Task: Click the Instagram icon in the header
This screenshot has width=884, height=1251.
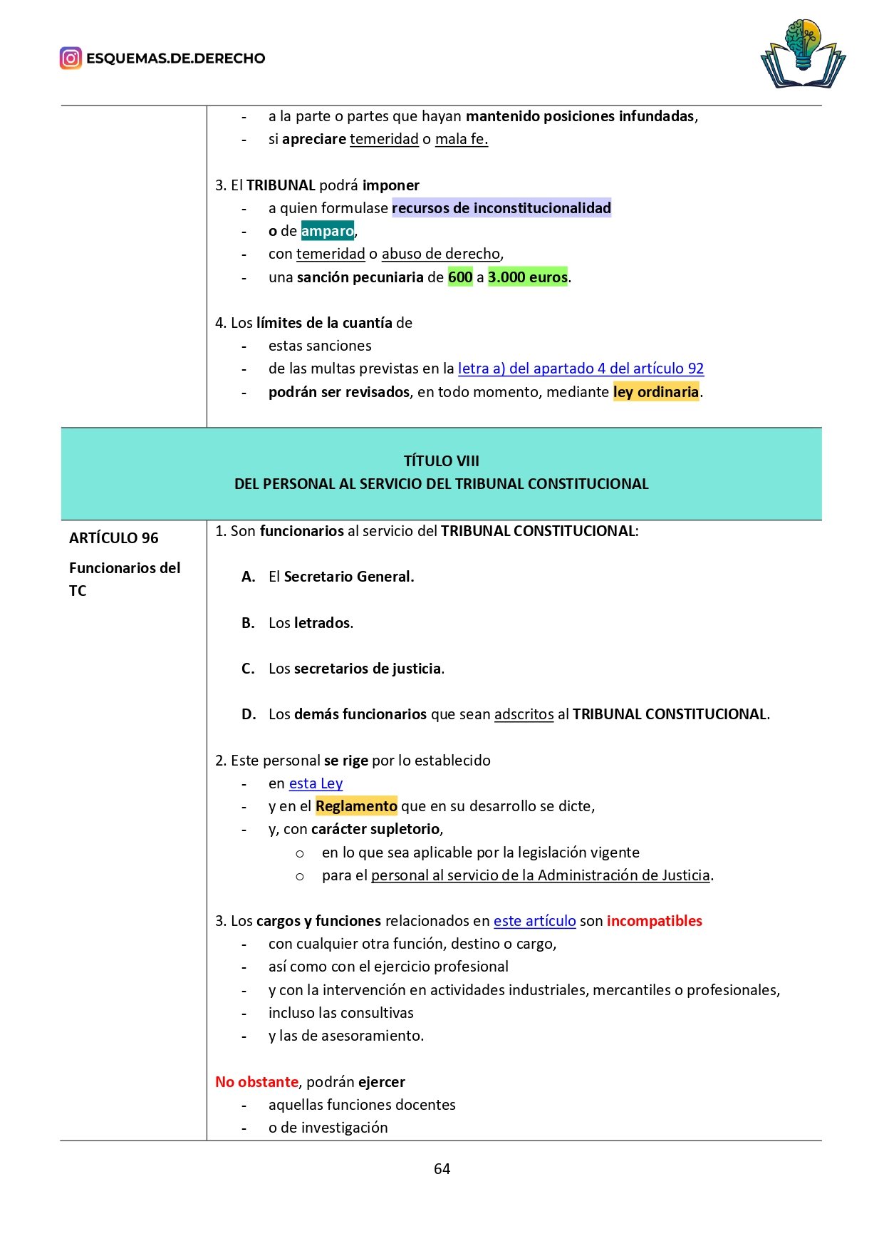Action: click(71, 58)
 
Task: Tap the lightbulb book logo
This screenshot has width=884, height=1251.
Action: click(803, 55)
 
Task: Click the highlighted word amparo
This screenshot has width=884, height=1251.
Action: click(327, 231)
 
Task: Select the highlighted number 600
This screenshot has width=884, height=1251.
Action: click(459, 277)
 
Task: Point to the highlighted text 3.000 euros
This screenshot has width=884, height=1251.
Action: click(527, 277)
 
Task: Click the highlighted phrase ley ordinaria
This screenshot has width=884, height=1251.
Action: click(655, 392)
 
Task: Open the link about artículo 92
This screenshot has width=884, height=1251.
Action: click(581, 369)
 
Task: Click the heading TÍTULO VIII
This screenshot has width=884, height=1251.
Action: click(441, 461)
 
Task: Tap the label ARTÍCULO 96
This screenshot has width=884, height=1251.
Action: click(114, 538)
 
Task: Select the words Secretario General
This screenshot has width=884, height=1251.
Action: click(348, 577)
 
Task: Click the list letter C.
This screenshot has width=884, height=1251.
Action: click(248, 669)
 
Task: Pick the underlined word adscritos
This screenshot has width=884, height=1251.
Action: click(524, 714)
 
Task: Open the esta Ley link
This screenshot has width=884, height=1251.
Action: click(316, 783)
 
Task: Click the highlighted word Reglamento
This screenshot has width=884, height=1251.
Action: click(356, 806)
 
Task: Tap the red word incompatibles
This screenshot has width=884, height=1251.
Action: click(654, 921)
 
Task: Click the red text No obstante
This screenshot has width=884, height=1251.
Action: click(256, 1082)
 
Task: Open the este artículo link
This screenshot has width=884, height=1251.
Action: click(534, 921)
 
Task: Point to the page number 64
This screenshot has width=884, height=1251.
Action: click(442, 1169)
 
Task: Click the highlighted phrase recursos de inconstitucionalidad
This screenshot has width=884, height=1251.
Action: click(501, 208)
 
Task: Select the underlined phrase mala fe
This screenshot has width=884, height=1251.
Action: click(461, 139)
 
